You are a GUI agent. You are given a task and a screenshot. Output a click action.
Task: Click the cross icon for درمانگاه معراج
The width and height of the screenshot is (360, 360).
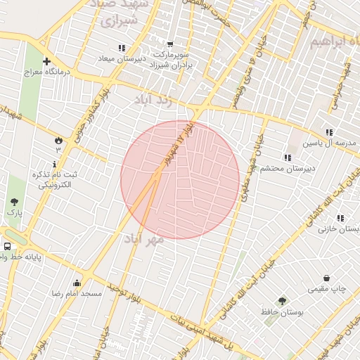46,62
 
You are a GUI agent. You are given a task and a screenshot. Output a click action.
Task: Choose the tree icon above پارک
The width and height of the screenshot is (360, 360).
14,202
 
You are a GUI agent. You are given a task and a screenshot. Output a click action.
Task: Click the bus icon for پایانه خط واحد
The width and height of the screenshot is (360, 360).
7,247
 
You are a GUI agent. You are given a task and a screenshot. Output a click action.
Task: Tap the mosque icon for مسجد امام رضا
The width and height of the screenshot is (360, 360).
76,283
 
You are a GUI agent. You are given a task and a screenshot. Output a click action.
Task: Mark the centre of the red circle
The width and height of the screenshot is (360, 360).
180,179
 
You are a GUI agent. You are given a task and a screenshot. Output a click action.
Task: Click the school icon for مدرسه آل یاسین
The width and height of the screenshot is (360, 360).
329,132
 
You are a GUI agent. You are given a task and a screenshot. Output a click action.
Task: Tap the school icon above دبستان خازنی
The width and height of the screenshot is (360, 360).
340,219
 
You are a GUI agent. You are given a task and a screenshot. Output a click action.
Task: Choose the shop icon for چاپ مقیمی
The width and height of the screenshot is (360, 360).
327,278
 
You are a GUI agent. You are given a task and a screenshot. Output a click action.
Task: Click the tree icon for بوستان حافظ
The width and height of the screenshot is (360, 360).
283,301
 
